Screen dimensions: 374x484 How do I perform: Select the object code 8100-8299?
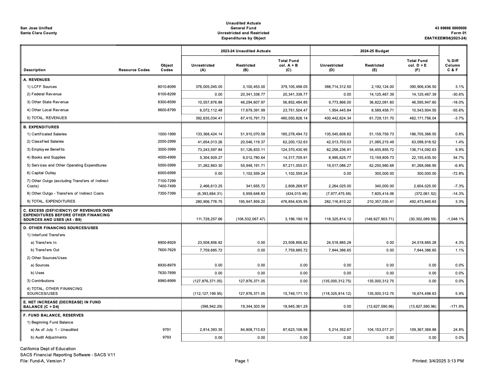[x=167, y=94]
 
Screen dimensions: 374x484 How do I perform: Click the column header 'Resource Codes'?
[x=134, y=70]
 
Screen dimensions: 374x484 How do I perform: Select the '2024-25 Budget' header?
[x=374, y=51]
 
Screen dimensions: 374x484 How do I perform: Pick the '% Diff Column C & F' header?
[x=453, y=65]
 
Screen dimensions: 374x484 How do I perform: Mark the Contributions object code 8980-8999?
[x=167, y=281]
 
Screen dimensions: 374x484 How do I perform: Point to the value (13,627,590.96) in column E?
[x=378, y=306]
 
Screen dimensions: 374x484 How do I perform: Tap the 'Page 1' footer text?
[x=242, y=361]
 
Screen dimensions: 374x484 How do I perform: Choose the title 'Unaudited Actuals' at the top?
[x=243, y=23]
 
